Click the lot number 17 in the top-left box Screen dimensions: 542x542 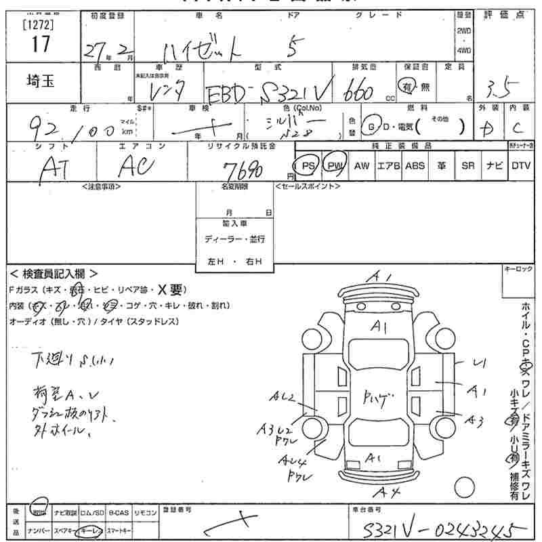coord(40,45)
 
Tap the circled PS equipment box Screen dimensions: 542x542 coord(309,165)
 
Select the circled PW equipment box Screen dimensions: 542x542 coord(335,165)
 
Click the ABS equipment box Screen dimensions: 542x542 coord(415,165)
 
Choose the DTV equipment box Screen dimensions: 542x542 coord(521,165)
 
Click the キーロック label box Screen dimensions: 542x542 coord(518,270)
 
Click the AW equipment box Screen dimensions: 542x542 coord(362,165)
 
